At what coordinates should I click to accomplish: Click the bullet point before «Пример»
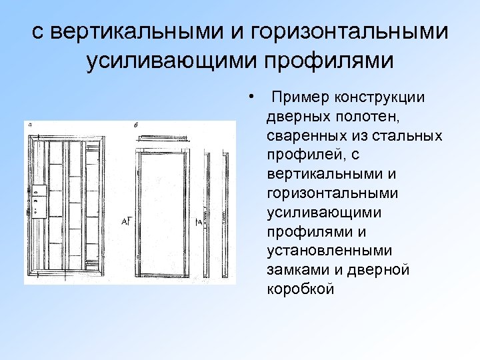tap(249, 97)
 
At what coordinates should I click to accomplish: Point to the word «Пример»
tap(299, 98)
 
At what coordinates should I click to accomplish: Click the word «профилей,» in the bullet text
tap(302, 155)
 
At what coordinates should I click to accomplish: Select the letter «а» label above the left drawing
tap(30, 123)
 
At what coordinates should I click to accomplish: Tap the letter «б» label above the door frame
tap(136, 125)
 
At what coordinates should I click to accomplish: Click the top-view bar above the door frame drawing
tap(163, 139)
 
